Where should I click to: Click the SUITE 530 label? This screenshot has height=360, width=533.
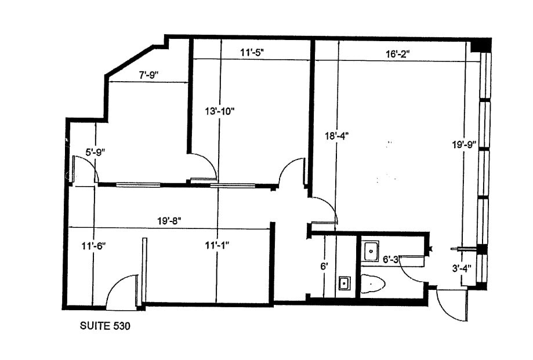[x=104, y=326]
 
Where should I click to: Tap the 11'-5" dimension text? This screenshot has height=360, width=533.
[x=253, y=52]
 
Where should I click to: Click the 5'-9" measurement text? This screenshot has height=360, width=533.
[x=95, y=152]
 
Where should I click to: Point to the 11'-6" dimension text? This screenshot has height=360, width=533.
[x=93, y=246]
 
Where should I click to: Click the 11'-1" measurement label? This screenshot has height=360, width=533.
[x=217, y=246]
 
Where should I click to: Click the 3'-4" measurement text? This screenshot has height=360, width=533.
[x=462, y=268]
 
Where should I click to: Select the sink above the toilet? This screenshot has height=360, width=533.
[x=371, y=250]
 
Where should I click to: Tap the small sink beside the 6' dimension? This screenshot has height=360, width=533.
[x=343, y=283]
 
